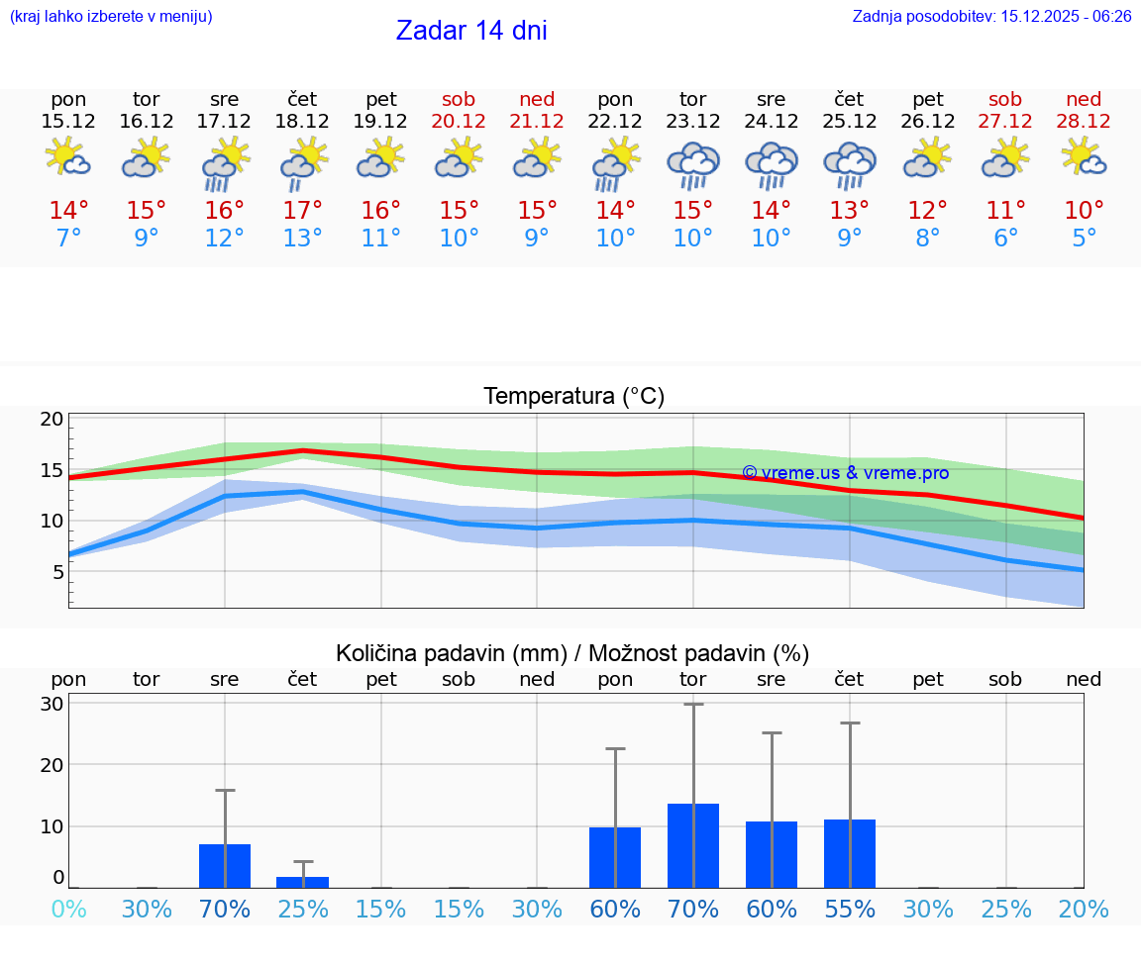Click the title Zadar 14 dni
471,31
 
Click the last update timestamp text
991,16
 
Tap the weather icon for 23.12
693,163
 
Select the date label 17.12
224,122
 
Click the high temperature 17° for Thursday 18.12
302,210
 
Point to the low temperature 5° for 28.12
1084,238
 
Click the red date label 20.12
459,122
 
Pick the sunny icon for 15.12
68,158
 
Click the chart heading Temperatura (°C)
573,396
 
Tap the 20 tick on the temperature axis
52,419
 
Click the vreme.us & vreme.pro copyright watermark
845,473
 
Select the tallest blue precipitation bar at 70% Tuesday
692,845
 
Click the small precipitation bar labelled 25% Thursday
302,882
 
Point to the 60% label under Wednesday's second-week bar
771,909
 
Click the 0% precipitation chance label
68,909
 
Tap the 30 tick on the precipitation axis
52,704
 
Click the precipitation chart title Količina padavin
572,653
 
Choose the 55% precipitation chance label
849,909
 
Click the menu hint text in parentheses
111,16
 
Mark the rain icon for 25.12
849,163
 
